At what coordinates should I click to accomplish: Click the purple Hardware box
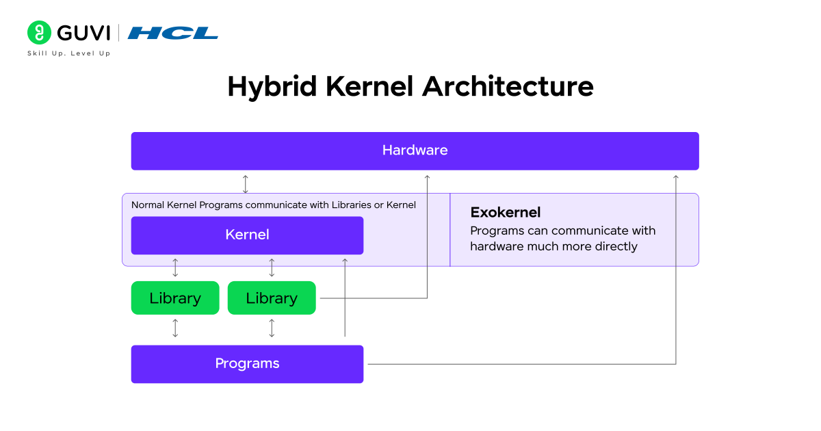415,151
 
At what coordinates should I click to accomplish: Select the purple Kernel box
247,235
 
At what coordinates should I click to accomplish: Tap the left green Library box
175,298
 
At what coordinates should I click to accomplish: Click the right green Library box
272,298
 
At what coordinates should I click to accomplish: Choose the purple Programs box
247,363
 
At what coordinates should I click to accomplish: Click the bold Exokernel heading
505,212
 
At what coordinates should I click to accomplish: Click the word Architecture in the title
508,87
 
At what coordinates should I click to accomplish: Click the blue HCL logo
172,33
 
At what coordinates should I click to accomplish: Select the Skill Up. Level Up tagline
68,53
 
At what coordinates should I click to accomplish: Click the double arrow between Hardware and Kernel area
246,183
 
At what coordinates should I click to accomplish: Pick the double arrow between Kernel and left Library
175,267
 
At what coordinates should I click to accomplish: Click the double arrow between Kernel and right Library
272,267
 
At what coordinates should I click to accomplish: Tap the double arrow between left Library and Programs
175,328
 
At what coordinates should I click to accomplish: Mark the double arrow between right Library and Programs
272,328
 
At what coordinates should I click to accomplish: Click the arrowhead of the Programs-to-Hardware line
676,178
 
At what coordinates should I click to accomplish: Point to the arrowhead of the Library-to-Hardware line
427,178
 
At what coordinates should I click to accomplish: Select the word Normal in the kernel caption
148,205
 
